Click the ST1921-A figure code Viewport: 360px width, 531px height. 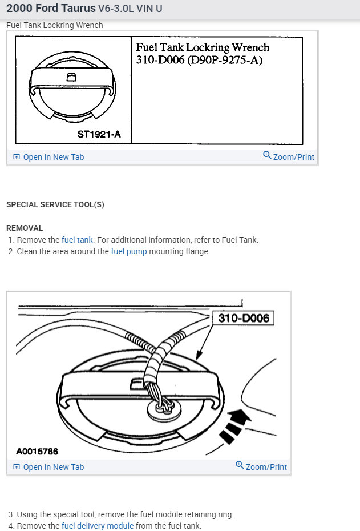(98, 135)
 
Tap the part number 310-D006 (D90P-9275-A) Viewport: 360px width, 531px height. (199, 59)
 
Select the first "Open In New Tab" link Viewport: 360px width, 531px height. (53, 157)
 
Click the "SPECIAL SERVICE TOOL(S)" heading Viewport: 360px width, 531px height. (55, 204)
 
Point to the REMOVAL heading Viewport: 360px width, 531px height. (25, 228)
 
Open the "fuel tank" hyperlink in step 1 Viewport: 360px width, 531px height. (77, 240)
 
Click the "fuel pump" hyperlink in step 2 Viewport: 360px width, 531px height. (129, 251)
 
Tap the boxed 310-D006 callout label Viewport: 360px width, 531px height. (244, 318)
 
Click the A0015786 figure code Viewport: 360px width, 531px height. (37, 452)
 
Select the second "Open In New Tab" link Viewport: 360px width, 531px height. (53, 467)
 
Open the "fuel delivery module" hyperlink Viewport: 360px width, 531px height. (98, 526)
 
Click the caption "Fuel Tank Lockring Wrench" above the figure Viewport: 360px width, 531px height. (55, 25)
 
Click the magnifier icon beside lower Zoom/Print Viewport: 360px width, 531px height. (240, 466)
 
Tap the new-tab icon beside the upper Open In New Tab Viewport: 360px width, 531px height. (17, 157)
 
